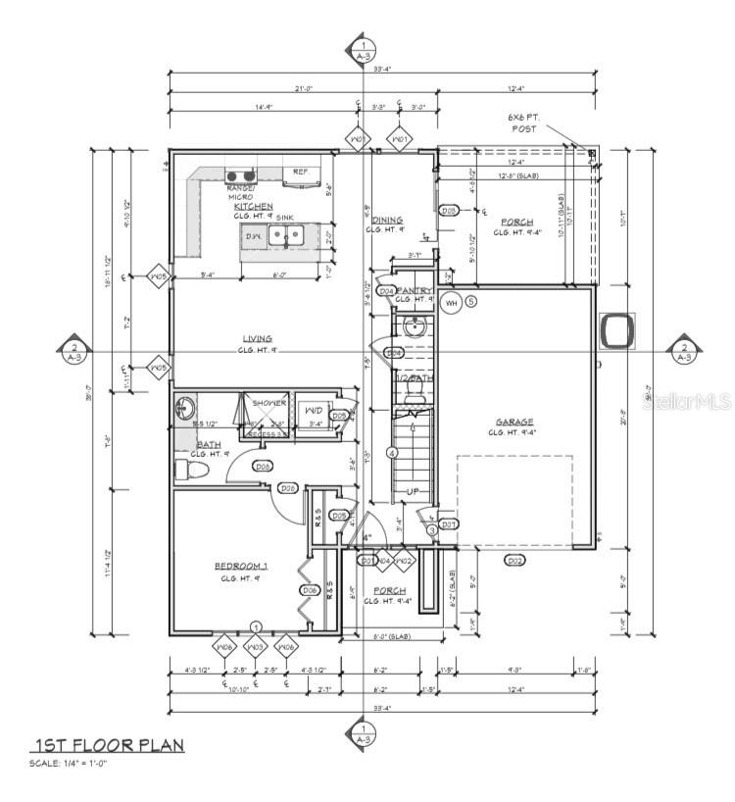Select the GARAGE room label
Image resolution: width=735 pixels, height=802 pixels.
514,422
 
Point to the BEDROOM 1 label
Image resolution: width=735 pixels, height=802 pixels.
241,567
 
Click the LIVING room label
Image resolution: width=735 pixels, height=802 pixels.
258,339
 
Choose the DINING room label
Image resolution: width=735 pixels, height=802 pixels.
385,220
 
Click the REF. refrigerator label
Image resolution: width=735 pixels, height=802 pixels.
301,172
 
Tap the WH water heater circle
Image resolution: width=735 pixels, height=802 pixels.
452,302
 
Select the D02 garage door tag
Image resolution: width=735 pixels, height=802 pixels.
514,560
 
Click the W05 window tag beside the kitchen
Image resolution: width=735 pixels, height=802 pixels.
159,277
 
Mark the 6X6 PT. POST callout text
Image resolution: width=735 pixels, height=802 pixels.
523,123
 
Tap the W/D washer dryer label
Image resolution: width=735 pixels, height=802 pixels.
315,410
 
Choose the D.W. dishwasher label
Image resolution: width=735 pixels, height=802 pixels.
252,236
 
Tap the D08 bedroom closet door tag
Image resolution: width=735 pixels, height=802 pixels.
309,590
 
